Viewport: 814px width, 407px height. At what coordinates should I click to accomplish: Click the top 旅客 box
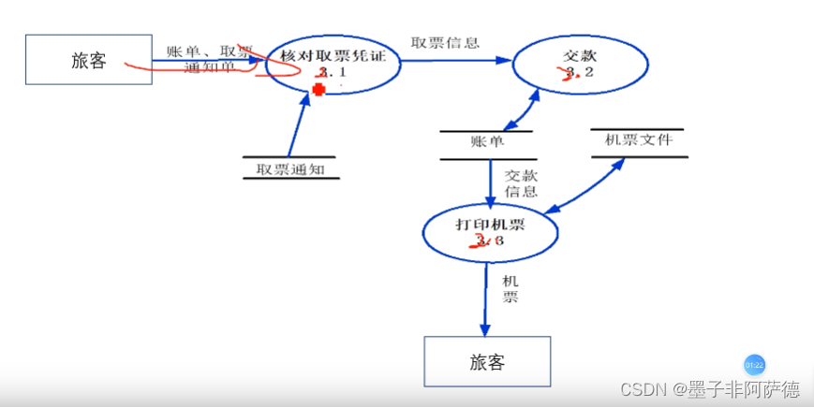pyautogui.click(x=89, y=61)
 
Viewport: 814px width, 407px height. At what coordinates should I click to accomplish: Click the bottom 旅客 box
pyautogui.click(x=487, y=361)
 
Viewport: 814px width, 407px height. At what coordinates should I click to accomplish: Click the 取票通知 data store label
pyautogui.click(x=289, y=169)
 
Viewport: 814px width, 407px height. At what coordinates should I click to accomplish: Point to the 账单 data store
pyautogui.click(x=487, y=142)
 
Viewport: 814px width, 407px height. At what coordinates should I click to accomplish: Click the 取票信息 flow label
pyautogui.click(x=445, y=42)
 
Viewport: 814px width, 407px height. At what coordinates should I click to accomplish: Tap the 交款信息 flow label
pyautogui.click(x=520, y=182)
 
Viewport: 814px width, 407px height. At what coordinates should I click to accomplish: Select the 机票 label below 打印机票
pyautogui.click(x=510, y=288)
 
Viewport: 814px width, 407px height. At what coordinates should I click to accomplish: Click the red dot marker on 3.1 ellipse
pyautogui.click(x=318, y=90)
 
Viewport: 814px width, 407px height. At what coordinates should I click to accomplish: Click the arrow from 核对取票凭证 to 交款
pyautogui.click(x=454, y=61)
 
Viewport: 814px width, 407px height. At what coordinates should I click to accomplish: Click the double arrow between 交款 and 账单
pyautogui.click(x=521, y=110)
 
